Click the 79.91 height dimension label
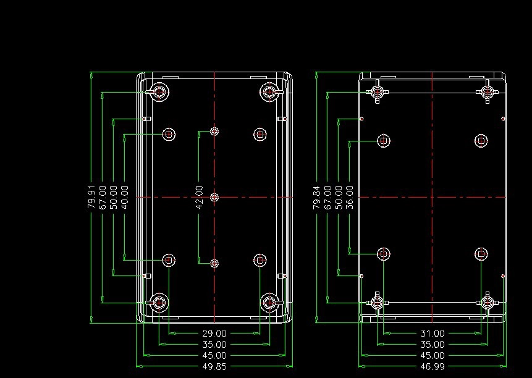click(91, 197)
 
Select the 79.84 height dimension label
click(316, 197)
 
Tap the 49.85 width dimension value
click(214, 366)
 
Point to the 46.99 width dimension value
click(433, 366)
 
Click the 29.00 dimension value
click(214, 334)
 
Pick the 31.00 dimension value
click(433, 334)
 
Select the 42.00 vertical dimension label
click(200, 197)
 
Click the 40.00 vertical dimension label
click(125, 197)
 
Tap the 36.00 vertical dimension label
click(350, 197)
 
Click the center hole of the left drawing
click(214, 197)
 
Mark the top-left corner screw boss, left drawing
click(159, 91)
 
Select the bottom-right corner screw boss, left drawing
click(270, 303)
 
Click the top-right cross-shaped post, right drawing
click(488, 91)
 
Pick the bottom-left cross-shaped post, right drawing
click(377, 303)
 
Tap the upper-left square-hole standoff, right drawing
click(384, 141)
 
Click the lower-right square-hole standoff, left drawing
click(260, 260)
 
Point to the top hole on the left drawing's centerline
click(214, 131)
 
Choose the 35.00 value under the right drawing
click(433, 345)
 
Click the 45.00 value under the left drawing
click(214, 356)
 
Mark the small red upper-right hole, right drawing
click(503, 119)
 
